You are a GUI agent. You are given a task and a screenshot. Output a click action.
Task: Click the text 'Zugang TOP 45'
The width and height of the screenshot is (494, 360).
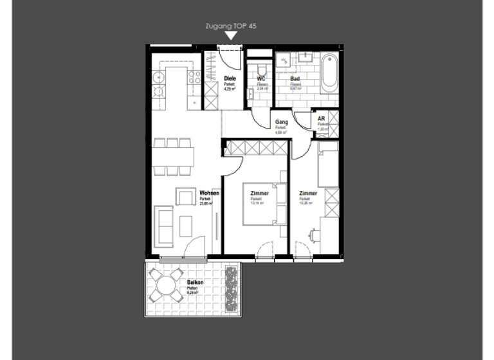(x=230, y=27)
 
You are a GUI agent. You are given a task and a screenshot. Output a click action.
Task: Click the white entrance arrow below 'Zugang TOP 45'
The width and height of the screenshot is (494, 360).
(x=230, y=37)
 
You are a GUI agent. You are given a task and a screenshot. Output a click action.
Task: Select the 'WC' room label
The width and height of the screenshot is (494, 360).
(x=261, y=79)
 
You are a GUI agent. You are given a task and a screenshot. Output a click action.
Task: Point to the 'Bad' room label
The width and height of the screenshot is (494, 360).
(x=295, y=79)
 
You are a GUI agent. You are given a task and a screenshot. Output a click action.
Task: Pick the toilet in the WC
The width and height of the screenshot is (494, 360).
(x=261, y=69)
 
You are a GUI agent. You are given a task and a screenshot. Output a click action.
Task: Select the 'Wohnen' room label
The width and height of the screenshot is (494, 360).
(x=209, y=194)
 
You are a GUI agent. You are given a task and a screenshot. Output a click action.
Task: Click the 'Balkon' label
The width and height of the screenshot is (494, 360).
(x=195, y=283)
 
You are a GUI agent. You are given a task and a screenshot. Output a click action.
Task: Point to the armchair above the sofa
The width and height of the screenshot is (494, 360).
(x=185, y=197)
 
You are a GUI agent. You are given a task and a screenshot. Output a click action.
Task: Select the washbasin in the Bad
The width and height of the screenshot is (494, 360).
(x=285, y=60)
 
